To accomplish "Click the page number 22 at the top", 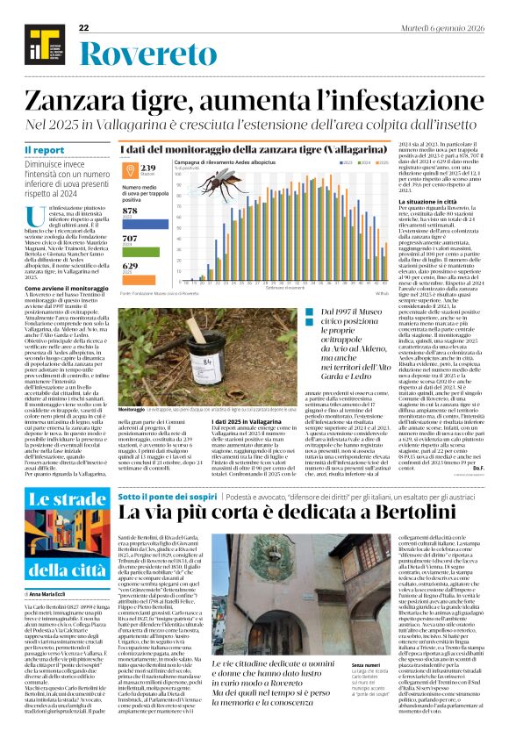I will coord(84,28).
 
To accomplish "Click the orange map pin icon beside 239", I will coord(129,170).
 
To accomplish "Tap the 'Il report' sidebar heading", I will coord(44,151).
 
